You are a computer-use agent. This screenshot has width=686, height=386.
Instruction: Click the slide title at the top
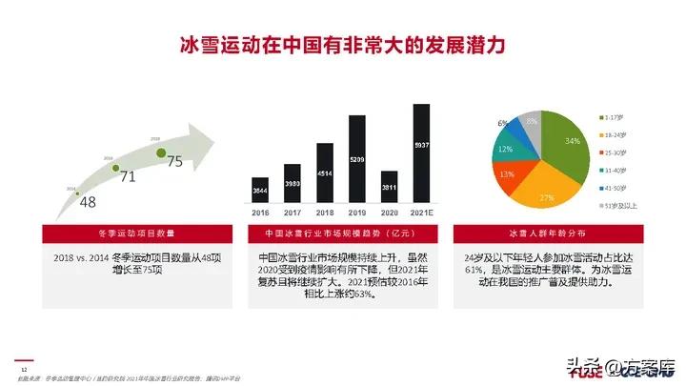coord(342,46)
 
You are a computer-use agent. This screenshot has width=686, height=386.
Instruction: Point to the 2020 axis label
coord(389,212)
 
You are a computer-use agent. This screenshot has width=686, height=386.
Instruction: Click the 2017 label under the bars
coord(292,212)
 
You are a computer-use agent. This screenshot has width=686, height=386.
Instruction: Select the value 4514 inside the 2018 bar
coord(324,173)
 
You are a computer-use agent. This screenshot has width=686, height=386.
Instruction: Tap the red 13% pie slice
coord(508,173)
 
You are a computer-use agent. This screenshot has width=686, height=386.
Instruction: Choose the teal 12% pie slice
coord(506,150)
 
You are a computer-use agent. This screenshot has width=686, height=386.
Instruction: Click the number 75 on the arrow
coord(174,162)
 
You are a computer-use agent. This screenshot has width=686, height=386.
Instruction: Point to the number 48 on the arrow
coord(88,202)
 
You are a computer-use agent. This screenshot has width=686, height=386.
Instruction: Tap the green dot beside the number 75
coord(162,152)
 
